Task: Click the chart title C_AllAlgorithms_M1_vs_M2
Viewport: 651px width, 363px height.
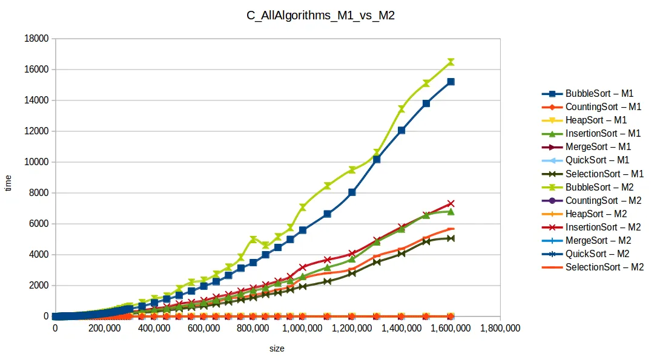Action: coord(325,16)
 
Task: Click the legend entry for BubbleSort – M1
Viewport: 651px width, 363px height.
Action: coord(599,94)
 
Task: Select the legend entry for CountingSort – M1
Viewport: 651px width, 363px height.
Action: coord(603,107)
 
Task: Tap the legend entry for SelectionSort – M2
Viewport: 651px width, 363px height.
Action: coord(604,267)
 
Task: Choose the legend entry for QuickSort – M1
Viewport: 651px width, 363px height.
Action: coord(597,160)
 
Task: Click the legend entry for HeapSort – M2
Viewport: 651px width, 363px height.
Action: coord(596,214)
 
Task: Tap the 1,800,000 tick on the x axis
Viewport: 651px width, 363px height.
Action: coord(500,329)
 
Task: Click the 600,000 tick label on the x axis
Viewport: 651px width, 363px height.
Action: coord(203,329)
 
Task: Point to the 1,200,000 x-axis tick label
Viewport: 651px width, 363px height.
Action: coord(352,329)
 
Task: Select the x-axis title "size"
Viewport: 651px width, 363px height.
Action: coord(277,349)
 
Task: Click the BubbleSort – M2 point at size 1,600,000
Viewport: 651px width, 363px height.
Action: coord(451,62)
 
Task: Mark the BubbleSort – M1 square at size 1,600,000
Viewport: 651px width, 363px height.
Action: coord(451,82)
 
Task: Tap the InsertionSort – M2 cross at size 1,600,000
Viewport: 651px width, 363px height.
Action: coord(451,204)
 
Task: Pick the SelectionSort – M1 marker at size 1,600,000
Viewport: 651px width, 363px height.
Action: coord(451,238)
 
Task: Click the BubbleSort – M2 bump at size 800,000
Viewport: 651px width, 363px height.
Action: coord(253,240)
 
